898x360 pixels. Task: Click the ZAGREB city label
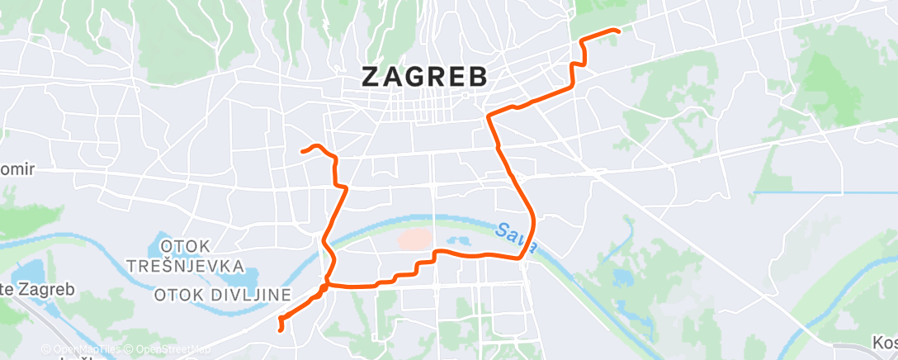point(424,76)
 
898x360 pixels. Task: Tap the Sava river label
point(518,236)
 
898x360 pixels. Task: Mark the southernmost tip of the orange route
point(282,330)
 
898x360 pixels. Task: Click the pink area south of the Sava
point(415,240)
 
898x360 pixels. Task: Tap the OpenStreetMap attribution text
point(173,350)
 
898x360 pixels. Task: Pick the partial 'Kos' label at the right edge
point(885,342)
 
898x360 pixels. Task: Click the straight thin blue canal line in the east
point(825,193)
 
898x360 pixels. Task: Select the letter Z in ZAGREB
point(372,76)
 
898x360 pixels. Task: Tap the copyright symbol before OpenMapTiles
point(45,350)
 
